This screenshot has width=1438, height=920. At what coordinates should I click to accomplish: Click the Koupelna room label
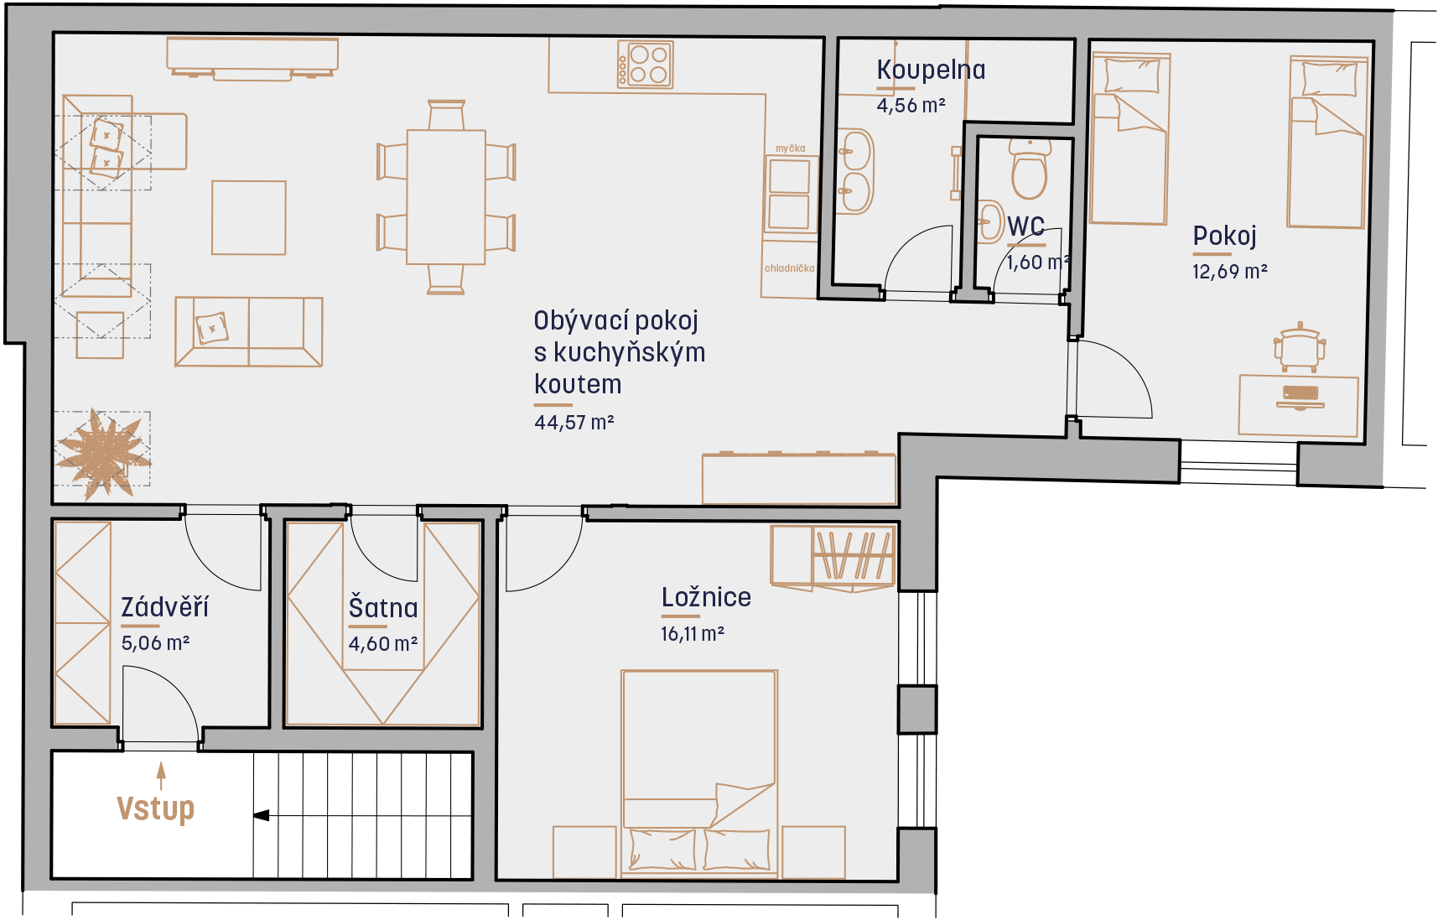pos(931,70)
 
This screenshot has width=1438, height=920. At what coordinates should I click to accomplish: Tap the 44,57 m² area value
pos(574,422)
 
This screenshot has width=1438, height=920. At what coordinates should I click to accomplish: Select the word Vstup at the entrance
pos(156,808)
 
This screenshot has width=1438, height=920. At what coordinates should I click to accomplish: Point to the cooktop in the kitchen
pos(646,65)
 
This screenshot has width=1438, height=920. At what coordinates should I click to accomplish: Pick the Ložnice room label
pos(706,597)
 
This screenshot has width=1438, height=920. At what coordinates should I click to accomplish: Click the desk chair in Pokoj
pos(1299,346)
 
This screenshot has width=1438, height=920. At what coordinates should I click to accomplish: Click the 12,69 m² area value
pos(1230,272)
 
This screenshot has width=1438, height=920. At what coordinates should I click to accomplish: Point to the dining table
pos(446,197)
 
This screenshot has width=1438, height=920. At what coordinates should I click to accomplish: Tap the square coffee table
pos(249,217)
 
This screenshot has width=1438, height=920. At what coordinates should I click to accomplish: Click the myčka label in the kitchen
pos(791,148)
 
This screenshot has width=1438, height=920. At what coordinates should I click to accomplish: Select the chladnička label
pos(790,268)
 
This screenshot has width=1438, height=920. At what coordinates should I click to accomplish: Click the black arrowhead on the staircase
pos(261,815)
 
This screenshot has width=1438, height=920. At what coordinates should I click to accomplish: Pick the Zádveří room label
pos(165,606)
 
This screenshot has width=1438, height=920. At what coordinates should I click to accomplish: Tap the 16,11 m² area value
pos(693,634)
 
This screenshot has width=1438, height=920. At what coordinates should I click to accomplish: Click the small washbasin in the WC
pos(990,221)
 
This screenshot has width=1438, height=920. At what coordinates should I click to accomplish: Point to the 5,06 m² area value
pos(156,643)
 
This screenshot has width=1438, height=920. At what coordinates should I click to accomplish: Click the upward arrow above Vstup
pos(161,776)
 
